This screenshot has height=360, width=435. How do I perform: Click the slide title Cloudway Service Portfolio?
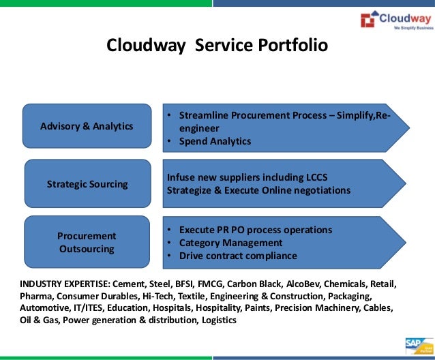click(217, 46)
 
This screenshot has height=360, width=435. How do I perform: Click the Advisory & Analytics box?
click(87, 126)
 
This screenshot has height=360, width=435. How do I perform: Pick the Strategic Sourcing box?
click(87, 183)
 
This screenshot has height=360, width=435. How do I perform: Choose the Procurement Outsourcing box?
click(87, 242)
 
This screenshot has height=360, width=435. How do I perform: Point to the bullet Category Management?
click(230, 243)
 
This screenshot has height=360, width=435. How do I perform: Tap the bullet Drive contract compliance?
click(238, 256)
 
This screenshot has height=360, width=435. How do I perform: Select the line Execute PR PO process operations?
click(256, 230)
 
